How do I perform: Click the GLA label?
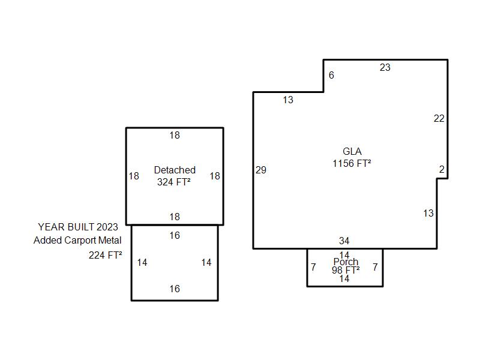pyautogui.click(x=352, y=152)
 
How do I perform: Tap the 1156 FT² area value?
pyautogui.click(x=352, y=163)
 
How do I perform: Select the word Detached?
pyautogui.click(x=175, y=170)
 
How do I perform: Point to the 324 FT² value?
pyautogui.click(x=174, y=182)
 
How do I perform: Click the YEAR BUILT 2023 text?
pyautogui.click(x=78, y=227)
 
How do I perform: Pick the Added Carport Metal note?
pyautogui.click(x=77, y=240)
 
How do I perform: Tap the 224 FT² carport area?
pyautogui.click(x=106, y=255)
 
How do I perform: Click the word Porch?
pyautogui.click(x=346, y=262)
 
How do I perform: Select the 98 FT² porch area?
pyautogui.click(x=346, y=271)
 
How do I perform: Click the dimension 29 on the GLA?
pyautogui.click(x=261, y=170)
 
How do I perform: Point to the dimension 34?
pyautogui.click(x=344, y=241)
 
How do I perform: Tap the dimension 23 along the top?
pyautogui.click(x=385, y=68)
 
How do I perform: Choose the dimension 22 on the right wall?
pyautogui.click(x=439, y=119)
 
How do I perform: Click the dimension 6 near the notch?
pyautogui.click(x=331, y=76)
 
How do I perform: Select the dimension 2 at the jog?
pyautogui.click(x=442, y=170)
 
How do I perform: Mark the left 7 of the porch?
pyautogui.click(x=313, y=268)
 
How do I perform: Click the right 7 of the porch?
pyautogui.click(x=375, y=268)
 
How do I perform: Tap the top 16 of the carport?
pyautogui.click(x=175, y=236)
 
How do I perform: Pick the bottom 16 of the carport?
pyautogui.click(x=175, y=289)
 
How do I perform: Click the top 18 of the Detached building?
pyautogui.click(x=175, y=136)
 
